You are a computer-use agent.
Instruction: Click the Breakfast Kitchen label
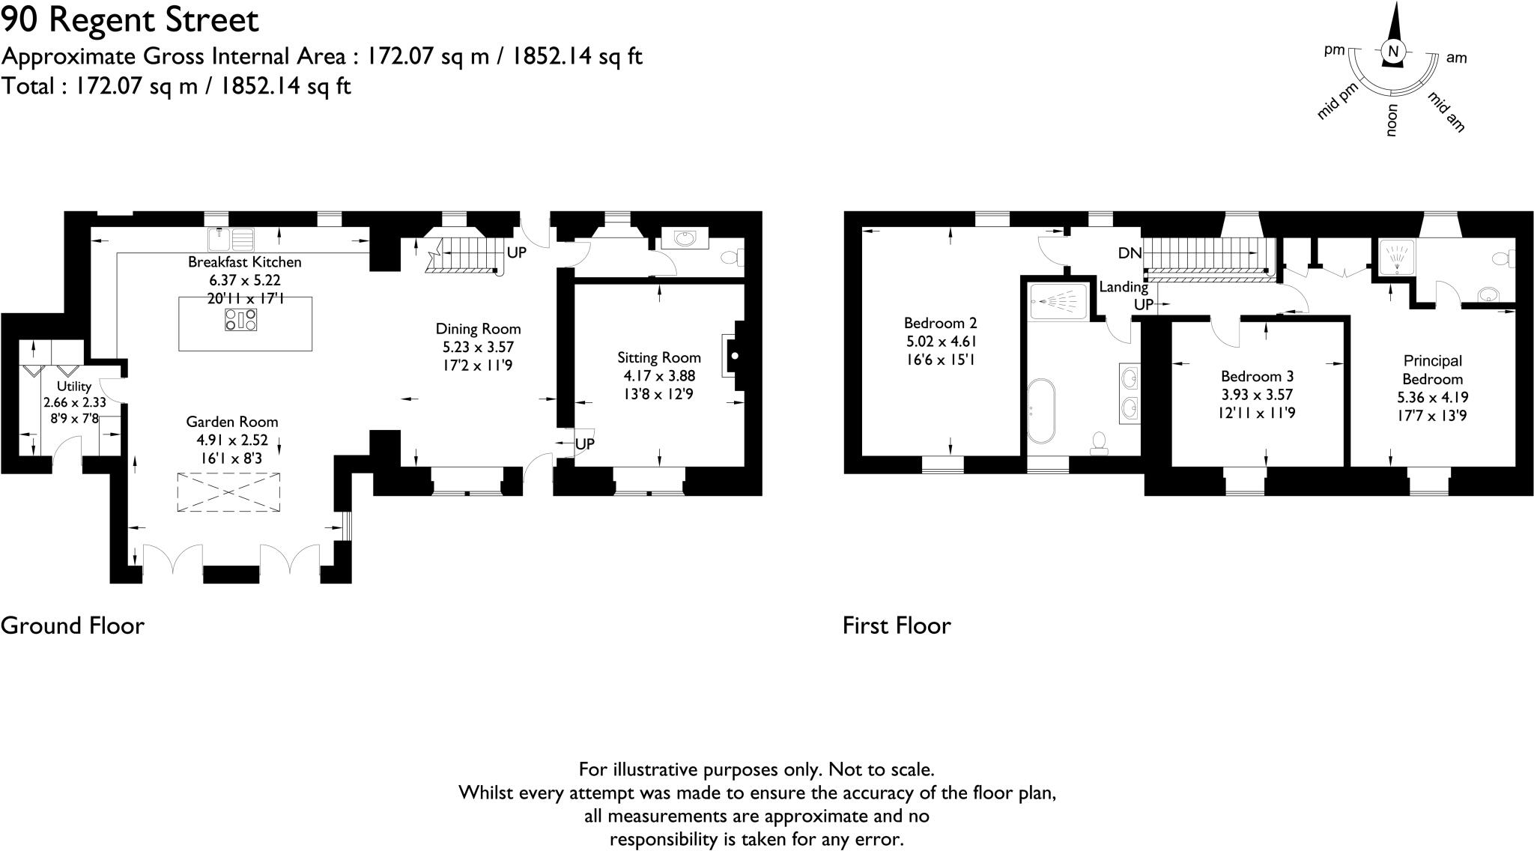point(244,262)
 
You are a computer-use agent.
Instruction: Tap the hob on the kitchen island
point(240,321)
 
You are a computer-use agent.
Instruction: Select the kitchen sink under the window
point(231,240)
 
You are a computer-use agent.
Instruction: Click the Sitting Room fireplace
point(732,356)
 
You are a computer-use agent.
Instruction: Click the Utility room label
point(74,387)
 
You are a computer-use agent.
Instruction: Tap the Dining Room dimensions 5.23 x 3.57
point(478,348)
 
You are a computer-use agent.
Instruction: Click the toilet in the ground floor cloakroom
point(732,258)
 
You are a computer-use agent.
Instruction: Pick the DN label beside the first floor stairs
point(1130,254)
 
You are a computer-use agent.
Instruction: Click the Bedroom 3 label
point(1257,377)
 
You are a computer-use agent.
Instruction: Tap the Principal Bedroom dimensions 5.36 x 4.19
point(1432,398)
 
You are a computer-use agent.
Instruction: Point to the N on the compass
point(1393,52)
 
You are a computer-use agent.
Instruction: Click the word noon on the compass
point(1392,120)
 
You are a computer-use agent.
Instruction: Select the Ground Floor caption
point(73,626)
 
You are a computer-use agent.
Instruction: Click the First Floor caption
point(897,626)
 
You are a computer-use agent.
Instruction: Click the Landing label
point(1123,287)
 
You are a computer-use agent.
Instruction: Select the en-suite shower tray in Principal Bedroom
point(1395,257)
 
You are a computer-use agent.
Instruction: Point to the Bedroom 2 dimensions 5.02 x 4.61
point(940,342)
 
